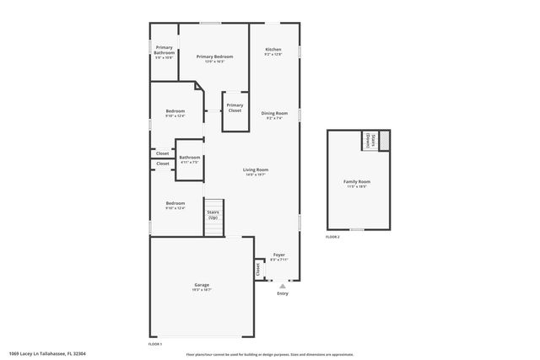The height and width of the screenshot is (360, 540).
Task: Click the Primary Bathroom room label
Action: (165, 50)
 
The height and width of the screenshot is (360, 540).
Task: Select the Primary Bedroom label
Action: (214, 56)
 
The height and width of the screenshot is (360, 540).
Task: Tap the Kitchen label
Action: (273, 50)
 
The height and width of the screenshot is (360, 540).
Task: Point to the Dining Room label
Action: (274, 113)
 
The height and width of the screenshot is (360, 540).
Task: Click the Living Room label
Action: (256, 170)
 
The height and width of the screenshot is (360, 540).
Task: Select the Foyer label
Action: (278, 255)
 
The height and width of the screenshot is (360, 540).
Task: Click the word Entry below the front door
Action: (283, 293)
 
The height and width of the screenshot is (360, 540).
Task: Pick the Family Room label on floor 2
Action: (357, 182)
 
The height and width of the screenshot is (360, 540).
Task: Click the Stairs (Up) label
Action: (213, 215)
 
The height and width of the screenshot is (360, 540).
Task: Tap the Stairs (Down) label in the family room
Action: (368, 140)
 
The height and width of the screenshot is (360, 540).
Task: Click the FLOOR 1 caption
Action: (154, 344)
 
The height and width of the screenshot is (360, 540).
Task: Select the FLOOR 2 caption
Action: (332, 237)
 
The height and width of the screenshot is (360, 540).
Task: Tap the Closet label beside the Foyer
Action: (257, 269)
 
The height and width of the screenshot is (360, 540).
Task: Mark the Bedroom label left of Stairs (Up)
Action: (175, 203)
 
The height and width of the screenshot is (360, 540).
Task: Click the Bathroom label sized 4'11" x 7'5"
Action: (189, 158)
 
